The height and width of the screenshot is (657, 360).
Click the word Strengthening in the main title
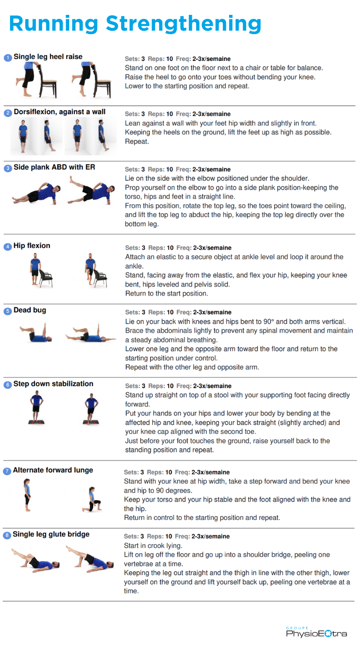(x=184, y=24)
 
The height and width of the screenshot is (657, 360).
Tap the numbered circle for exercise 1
(x=7, y=57)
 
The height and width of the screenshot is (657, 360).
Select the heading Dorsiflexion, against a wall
(x=60, y=112)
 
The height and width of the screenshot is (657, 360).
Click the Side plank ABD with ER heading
(x=55, y=167)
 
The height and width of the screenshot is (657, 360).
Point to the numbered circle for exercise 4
(x=7, y=247)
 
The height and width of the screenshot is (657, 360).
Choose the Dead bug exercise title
(x=30, y=310)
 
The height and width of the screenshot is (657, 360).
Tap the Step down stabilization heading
(x=53, y=384)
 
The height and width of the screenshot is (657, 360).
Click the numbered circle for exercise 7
(x=7, y=471)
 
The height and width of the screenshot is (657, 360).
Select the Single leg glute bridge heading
(x=51, y=534)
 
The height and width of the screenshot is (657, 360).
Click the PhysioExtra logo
(x=316, y=632)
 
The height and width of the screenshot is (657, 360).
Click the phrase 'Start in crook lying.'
(x=153, y=546)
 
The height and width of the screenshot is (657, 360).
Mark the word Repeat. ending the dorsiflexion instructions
(x=137, y=141)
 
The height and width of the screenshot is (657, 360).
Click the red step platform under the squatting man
(x=91, y=422)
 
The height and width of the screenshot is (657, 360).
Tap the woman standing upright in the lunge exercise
(x=27, y=495)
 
